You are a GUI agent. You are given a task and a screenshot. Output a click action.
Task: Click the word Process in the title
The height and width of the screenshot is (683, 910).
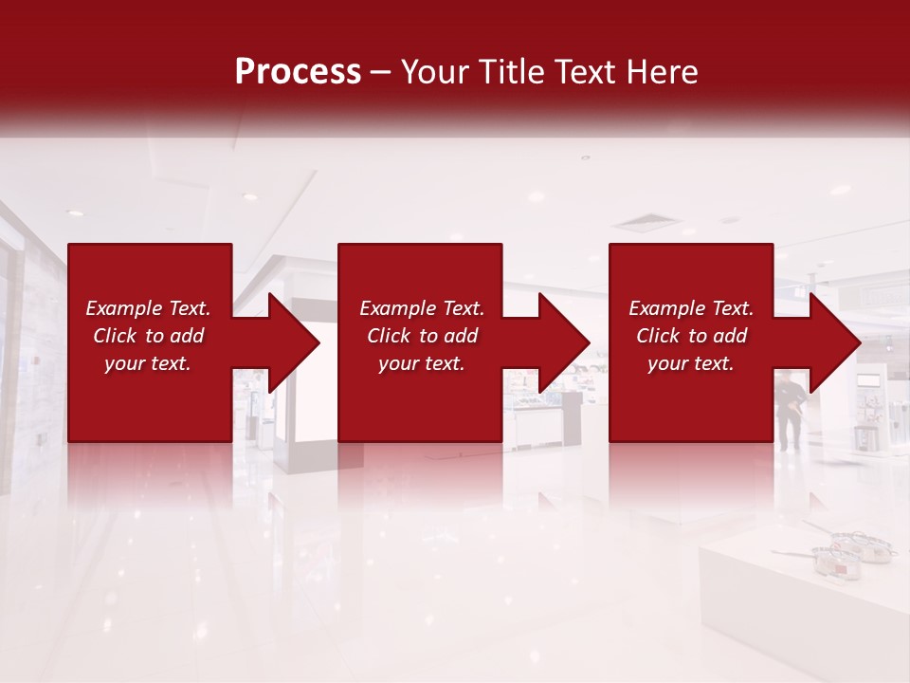298,72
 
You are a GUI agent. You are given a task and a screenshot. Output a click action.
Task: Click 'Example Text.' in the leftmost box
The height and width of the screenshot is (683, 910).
148,308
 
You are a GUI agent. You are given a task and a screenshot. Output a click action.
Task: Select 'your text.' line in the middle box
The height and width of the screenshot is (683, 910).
421,363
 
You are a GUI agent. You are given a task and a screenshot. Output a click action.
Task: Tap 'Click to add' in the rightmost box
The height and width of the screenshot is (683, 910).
691,336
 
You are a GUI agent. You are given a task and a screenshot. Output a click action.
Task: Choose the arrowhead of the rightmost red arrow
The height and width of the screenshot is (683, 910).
835,342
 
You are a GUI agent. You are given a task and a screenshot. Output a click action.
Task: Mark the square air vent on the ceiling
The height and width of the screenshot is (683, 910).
647,225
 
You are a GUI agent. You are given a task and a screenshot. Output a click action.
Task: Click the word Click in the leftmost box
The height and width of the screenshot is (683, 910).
116,336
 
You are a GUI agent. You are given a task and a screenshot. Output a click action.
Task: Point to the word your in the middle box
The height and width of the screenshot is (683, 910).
398,363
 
